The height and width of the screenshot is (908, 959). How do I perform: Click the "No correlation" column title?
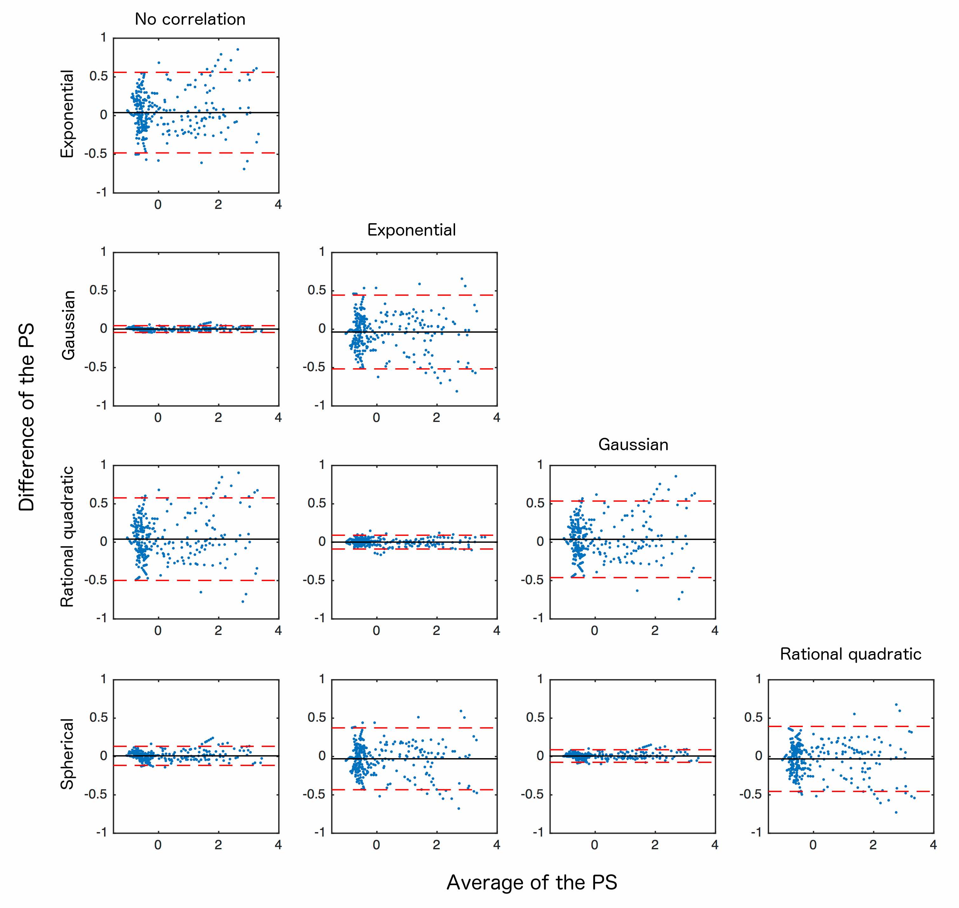point(190,19)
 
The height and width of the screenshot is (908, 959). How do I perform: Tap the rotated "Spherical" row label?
point(67,754)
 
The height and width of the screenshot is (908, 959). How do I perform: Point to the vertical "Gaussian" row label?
point(68,325)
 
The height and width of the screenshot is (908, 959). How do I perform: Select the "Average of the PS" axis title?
point(532,882)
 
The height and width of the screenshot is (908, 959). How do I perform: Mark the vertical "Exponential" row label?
point(67,114)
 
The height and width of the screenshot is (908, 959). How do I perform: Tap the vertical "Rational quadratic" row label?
point(67,536)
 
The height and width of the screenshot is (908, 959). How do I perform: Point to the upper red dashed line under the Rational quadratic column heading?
point(851,726)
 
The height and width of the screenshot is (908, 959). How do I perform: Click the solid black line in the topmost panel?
point(196,113)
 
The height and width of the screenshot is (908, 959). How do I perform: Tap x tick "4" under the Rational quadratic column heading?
point(933,845)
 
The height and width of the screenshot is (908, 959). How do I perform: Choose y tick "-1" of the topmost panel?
point(101,192)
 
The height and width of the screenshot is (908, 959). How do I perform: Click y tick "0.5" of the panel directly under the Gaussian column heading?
point(535,504)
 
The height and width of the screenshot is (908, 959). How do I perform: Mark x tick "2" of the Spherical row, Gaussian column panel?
point(654,845)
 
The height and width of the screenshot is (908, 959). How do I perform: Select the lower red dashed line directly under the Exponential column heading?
point(414,369)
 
